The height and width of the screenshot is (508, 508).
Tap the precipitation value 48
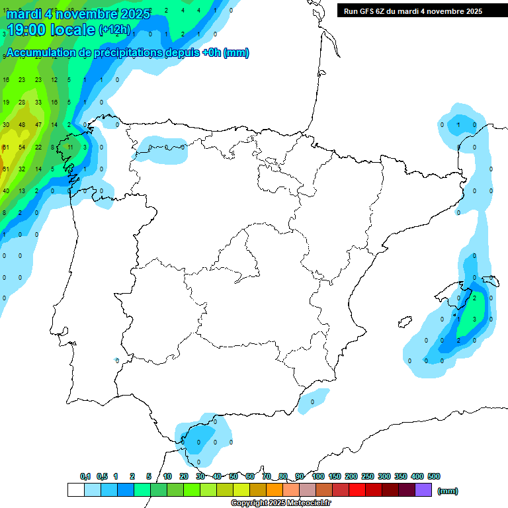[x=22, y=124]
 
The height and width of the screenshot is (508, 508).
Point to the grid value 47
[x=38, y=124]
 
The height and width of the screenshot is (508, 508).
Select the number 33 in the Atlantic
[x=38, y=102]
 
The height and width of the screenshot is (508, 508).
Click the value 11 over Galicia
[x=71, y=147]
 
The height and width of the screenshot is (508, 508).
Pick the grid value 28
[x=22, y=102]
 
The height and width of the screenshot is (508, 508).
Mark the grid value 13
[x=22, y=190]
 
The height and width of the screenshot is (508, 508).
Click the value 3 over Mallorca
[x=475, y=319]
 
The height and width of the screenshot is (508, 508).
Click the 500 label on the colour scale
[x=434, y=476]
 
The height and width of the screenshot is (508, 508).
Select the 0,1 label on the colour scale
[x=85, y=476]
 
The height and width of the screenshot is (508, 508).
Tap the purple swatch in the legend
[x=423, y=489]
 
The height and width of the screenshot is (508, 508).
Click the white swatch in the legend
[x=75, y=489]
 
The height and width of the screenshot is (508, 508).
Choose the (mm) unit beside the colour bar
[x=448, y=491]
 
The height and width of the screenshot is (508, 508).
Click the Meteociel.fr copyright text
[x=280, y=503]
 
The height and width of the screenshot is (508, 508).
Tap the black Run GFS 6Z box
[x=410, y=11]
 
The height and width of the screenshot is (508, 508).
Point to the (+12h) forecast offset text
[x=114, y=30]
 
